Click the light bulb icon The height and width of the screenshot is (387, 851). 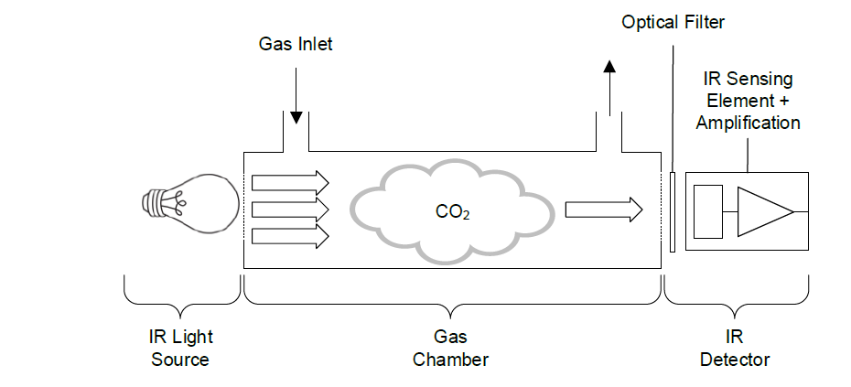click(192, 200)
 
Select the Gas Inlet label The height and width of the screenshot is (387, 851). click(295, 43)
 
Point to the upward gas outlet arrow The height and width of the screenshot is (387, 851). click(609, 87)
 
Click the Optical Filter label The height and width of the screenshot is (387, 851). click(673, 20)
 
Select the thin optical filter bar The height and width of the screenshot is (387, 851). click(673, 211)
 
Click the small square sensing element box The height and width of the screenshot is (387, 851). click(708, 211)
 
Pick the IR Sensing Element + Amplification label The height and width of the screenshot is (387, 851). click(748, 101)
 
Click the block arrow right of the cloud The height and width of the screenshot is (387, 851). click(603, 210)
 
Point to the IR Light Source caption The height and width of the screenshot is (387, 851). click(180, 349)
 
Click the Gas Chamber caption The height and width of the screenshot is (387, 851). click(450, 349)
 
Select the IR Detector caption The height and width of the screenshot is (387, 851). click(735, 349)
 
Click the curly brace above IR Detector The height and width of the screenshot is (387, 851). click(737, 294)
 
